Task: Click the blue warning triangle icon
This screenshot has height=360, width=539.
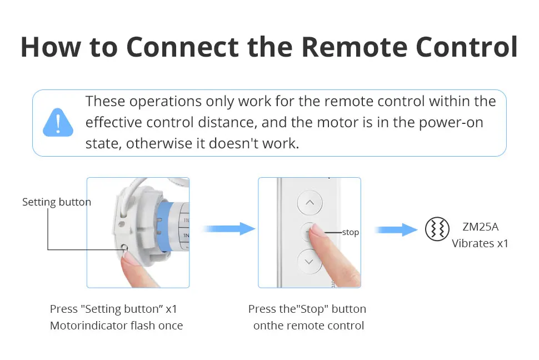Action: click(58, 123)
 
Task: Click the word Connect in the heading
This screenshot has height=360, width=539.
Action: click(182, 47)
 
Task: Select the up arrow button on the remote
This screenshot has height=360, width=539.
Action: click(310, 203)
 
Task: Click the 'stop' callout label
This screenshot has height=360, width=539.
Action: click(350, 232)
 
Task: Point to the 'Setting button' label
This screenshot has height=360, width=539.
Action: click(57, 202)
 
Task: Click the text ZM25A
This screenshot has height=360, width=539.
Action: click(480, 227)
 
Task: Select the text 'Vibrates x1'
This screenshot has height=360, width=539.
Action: click(480, 243)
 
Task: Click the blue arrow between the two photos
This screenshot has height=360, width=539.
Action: click(228, 228)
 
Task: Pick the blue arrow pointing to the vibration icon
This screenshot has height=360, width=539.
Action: click(395, 229)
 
